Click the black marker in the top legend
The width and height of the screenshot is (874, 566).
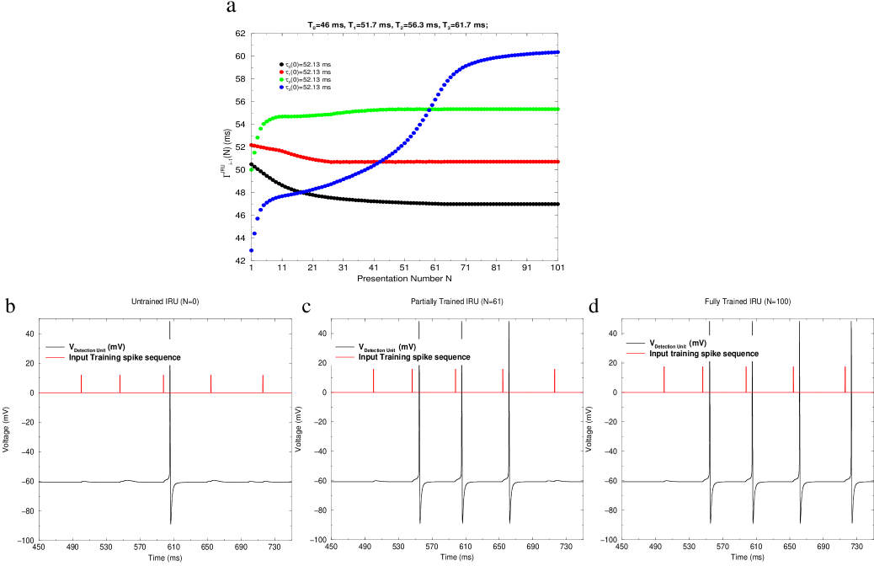click(x=281, y=65)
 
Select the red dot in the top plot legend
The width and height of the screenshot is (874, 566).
click(x=281, y=72)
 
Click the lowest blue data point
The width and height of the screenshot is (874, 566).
click(x=251, y=250)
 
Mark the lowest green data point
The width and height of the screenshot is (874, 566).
click(x=251, y=170)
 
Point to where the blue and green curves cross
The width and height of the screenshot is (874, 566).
click(x=429, y=109)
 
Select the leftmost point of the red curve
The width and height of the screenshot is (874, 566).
click(x=251, y=145)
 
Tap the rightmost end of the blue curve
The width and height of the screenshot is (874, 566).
click(x=558, y=52)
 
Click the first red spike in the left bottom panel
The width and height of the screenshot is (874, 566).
click(x=81, y=383)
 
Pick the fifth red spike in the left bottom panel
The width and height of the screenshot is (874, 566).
click(x=263, y=383)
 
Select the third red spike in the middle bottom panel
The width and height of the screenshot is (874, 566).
click(x=456, y=381)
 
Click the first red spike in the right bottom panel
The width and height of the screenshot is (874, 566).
click(x=664, y=380)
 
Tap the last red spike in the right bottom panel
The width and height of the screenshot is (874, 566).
click(x=845, y=379)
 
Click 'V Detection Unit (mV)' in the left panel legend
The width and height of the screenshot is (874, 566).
click(x=97, y=347)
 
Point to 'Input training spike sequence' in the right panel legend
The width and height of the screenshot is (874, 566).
click(x=703, y=354)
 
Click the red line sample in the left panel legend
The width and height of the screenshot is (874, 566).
click(x=55, y=357)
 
